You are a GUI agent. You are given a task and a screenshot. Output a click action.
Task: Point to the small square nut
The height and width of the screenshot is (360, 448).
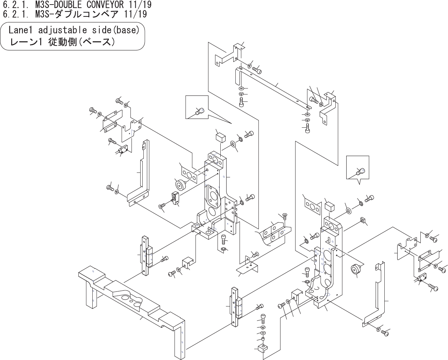(362, 220)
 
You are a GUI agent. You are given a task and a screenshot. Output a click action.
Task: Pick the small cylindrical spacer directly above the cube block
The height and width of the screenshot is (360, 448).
(263, 339)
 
